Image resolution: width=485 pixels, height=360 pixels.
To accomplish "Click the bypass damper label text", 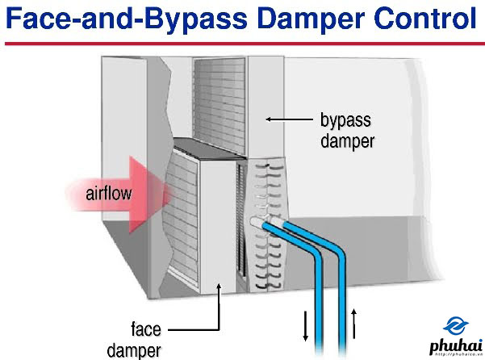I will click(x=345, y=130).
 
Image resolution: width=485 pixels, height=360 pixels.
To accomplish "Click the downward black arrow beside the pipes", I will click(x=306, y=324).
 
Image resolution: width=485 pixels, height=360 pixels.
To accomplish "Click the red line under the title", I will click(x=242, y=43).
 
